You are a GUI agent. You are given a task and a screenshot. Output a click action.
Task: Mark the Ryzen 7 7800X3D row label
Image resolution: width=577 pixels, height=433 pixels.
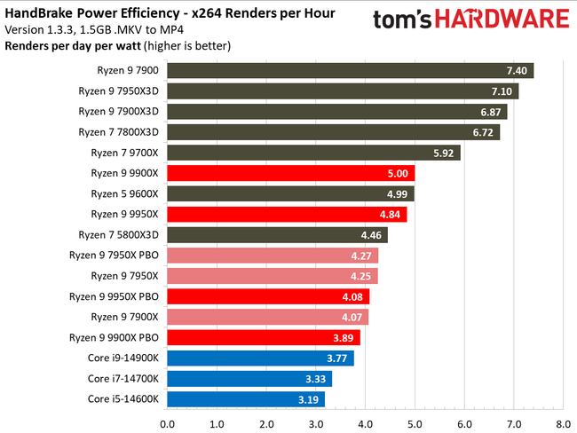pyautogui.click(x=119, y=132)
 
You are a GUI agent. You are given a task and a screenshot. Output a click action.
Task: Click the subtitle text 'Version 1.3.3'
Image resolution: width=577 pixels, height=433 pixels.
pyautogui.click(x=37, y=28)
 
